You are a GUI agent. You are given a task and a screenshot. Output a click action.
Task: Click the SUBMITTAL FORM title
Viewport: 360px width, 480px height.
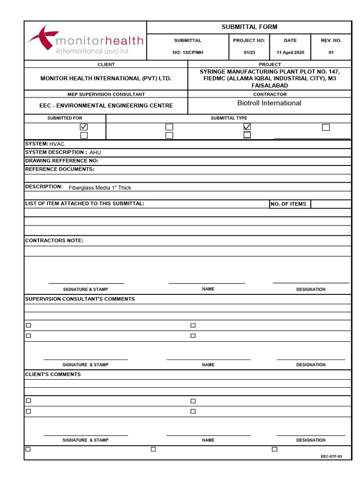click(249, 27)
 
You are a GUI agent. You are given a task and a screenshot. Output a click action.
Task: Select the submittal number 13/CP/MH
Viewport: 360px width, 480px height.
click(187, 52)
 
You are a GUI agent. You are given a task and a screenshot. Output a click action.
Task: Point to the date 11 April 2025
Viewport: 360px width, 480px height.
click(290, 52)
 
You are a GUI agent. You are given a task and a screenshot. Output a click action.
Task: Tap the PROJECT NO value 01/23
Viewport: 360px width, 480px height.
click(249, 52)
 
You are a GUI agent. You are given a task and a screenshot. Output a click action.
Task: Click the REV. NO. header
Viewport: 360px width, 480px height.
click(331, 40)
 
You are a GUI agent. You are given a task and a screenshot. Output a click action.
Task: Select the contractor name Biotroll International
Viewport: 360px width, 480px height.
click(269, 103)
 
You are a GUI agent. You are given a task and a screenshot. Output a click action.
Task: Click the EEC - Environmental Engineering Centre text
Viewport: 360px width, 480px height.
click(106, 106)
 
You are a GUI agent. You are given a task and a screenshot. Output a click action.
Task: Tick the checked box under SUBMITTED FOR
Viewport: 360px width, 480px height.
click(84, 127)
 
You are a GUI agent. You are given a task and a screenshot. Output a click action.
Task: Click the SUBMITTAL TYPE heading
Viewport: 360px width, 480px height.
click(229, 118)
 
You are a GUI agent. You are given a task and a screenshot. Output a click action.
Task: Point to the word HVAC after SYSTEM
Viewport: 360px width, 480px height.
click(57, 144)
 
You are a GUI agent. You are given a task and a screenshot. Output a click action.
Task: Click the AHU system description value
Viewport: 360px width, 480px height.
click(95, 152)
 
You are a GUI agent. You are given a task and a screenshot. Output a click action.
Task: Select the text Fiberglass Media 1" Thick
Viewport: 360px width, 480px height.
click(100, 187)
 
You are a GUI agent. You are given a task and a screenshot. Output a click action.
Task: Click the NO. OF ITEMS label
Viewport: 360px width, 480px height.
click(288, 204)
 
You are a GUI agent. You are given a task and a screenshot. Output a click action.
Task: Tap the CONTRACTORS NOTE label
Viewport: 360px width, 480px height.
click(54, 240)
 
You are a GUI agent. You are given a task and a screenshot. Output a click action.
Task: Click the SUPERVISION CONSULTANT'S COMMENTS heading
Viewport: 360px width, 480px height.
click(80, 299)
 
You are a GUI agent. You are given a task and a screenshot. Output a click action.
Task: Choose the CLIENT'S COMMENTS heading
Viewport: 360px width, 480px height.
click(52, 374)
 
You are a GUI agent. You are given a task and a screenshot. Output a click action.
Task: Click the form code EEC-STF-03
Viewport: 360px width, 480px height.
click(331, 456)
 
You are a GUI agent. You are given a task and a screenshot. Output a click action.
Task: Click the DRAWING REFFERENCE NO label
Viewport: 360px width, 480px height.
click(61, 161)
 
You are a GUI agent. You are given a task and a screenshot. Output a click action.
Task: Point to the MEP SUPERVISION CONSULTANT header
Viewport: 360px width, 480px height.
click(106, 94)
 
